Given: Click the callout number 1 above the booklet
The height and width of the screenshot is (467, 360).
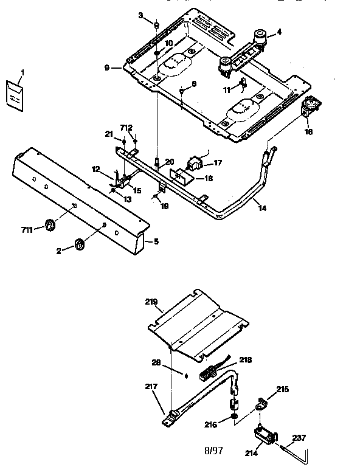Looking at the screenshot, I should coord(22,73).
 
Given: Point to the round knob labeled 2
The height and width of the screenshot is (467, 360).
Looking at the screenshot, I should coord(79,244).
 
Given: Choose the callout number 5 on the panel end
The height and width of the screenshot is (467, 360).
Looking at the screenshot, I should coord(156,241).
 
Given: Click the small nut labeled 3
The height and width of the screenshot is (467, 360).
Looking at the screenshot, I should coord(156,26).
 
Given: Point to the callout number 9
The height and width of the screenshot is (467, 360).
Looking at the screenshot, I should coord(107,68).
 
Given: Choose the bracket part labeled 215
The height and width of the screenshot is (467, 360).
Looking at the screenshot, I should coord(262,402).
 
